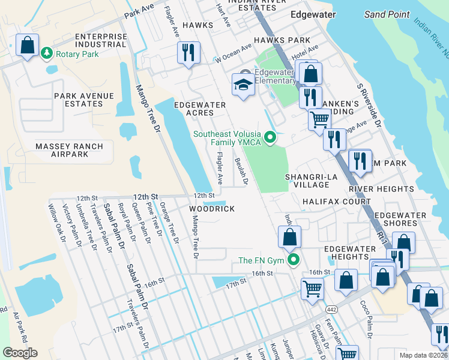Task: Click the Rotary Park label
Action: [77, 53]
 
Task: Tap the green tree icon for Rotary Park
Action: [47, 53]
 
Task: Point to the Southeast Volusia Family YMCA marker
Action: [270, 139]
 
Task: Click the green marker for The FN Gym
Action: [294, 260]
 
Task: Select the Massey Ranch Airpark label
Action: [70, 150]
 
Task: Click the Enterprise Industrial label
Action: [101, 40]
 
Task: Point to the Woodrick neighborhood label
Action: [211, 208]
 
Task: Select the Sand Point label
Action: [387, 14]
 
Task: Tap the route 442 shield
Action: [331, 308]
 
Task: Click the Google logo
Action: [20, 353]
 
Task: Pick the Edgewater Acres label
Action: [200, 109]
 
